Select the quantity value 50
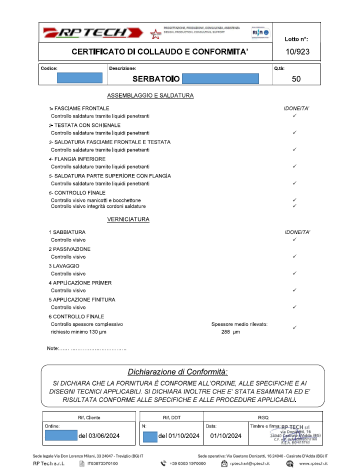(x=296, y=78)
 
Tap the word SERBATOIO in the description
(x=155, y=78)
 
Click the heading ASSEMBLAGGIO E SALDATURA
(x=150, y=95)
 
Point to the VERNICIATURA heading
(x=128, y=219)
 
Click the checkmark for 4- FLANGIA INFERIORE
(x=294, y=166)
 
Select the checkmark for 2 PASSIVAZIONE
(x=294, y=256)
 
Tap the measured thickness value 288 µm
(x=230, y=331)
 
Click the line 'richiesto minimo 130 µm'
(x=78, y=331)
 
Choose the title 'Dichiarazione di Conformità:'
(x=177, y=372)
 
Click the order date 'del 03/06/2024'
(x=99, y=436)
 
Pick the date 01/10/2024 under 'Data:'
(x=226, y=436)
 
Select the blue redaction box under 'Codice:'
(x=79, y=78)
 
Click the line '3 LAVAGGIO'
(x=64, y=266)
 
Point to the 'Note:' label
(x=53, y=348)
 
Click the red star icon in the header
(x=155, y=34)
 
